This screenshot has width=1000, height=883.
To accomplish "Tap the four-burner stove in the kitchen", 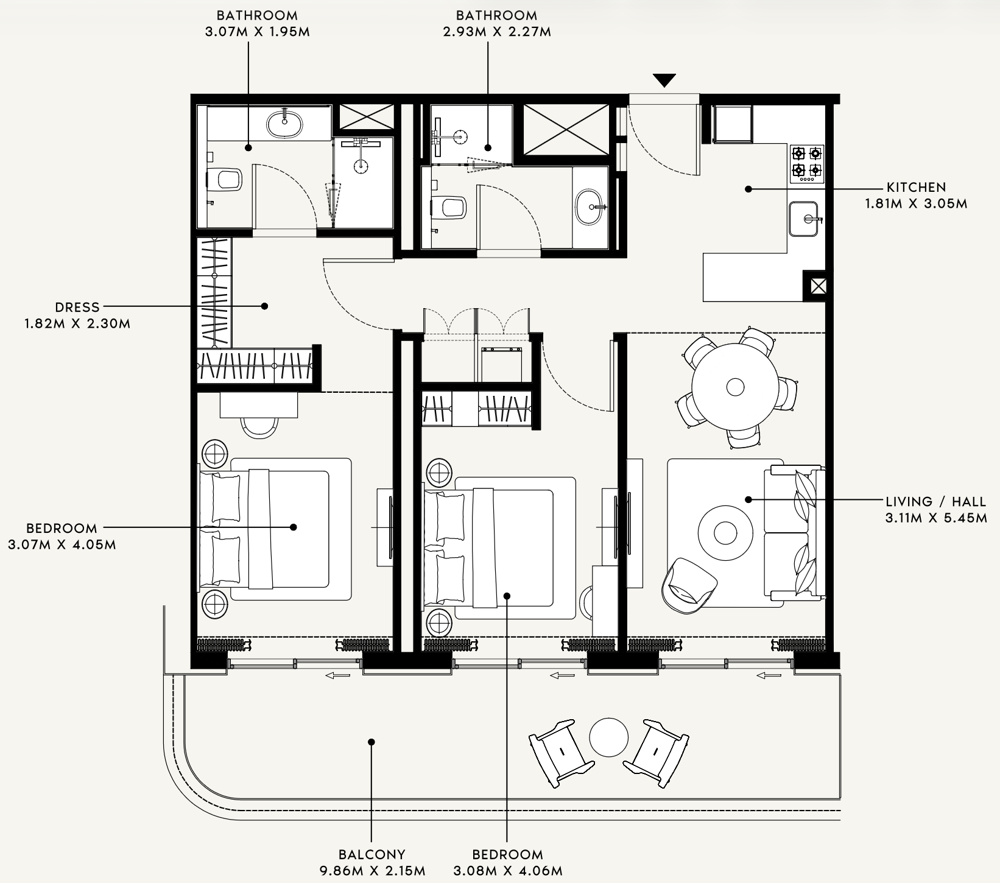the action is point(807,164).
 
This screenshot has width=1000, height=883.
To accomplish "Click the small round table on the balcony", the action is point(608,737).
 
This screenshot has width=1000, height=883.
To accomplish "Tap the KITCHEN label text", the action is point(917,188).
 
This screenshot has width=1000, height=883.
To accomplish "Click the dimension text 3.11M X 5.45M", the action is point(936,518).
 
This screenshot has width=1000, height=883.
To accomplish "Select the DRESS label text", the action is point(77,308).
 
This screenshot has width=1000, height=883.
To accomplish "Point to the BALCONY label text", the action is point(372,854).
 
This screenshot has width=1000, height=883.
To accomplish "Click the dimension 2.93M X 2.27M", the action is point(497,32).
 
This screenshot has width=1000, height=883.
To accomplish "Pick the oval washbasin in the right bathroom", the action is point(590,207).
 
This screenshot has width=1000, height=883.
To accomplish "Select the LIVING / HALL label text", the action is point(936,502).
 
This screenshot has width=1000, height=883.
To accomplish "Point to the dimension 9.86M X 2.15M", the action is point(372,871).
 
